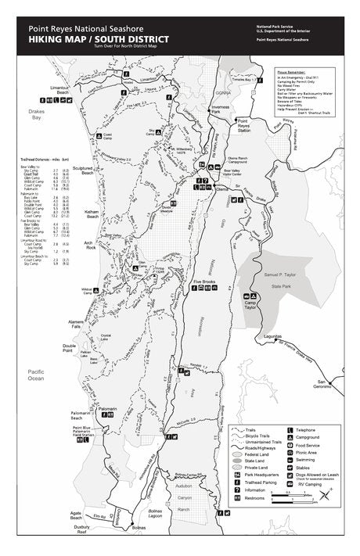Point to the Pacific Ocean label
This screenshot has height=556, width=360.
(36, 375)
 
